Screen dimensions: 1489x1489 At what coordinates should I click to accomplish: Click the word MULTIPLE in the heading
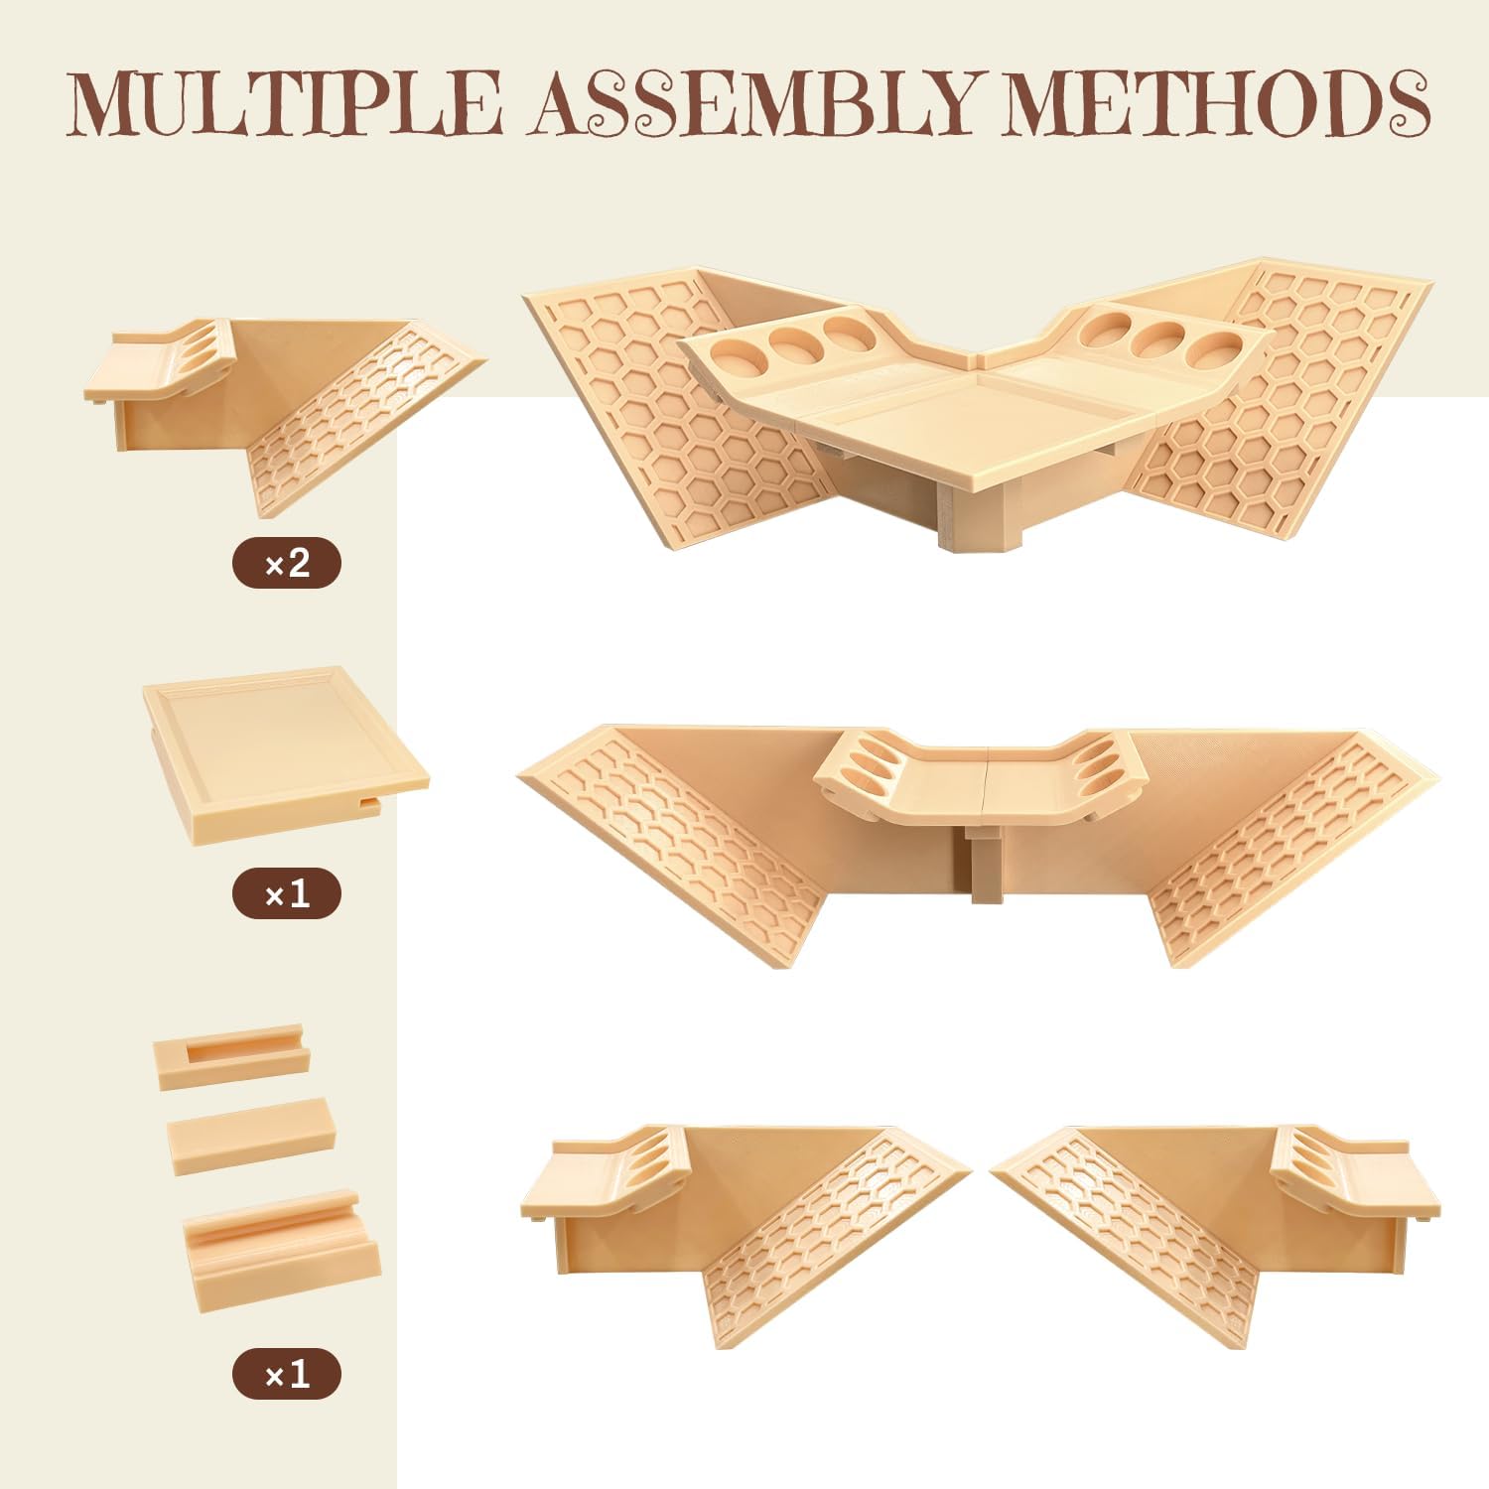(284, 102)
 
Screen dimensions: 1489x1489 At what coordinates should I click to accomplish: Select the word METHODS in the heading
(1215, 102)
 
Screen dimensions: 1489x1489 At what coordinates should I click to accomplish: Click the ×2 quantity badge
(287, 564)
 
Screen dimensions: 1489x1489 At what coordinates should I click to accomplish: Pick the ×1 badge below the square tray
(287, 894)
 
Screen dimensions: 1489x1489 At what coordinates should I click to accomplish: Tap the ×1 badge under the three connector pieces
(287, 1375)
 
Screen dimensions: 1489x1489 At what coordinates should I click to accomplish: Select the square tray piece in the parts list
(286, 753)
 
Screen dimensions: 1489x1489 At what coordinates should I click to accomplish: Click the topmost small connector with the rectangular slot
(231, 1056)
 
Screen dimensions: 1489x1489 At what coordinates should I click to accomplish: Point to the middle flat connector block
(251, 1137)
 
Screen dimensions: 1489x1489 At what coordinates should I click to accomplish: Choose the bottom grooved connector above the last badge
(281, 1251)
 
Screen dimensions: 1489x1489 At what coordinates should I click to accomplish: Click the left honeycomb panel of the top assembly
(675, 407)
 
